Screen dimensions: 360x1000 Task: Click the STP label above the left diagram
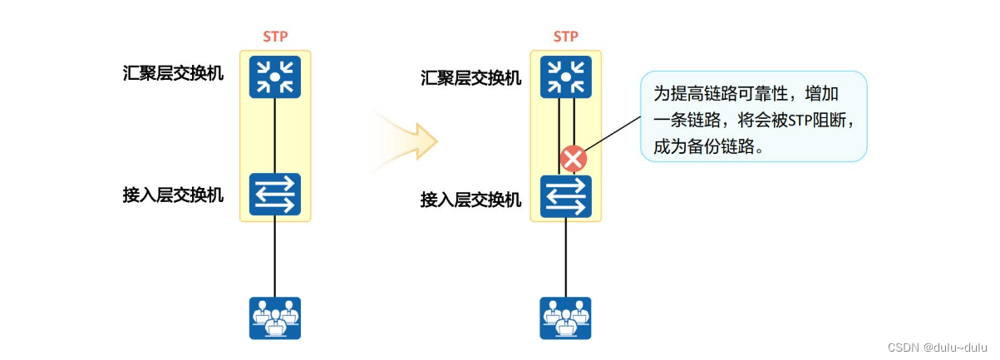[x=274, y=37]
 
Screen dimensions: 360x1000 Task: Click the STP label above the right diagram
[x=565, y=37]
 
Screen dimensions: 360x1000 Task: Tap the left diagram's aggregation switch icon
[x=274, y=77]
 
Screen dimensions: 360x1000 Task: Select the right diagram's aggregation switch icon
[x=565, y=77]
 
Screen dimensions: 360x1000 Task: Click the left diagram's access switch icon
[x=274, y=195]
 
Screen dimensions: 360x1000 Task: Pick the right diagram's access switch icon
[x=565, y=196]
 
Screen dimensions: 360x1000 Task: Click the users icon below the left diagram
[x=274, y=318]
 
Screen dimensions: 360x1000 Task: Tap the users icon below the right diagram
[x=565, y=318]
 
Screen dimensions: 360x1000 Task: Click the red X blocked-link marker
[x=573, y=158]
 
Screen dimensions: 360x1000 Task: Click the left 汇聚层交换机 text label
[x=173, y=73]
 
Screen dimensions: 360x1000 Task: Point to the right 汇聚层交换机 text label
[x=471, y=78]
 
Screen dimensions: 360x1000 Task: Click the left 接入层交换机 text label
[x=173, y=196]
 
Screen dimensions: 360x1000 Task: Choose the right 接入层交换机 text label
[x=471, y=200]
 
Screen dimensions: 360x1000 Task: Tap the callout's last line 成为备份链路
[x=707, y=147]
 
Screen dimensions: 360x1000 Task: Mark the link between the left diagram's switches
[x=274, y=136]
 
